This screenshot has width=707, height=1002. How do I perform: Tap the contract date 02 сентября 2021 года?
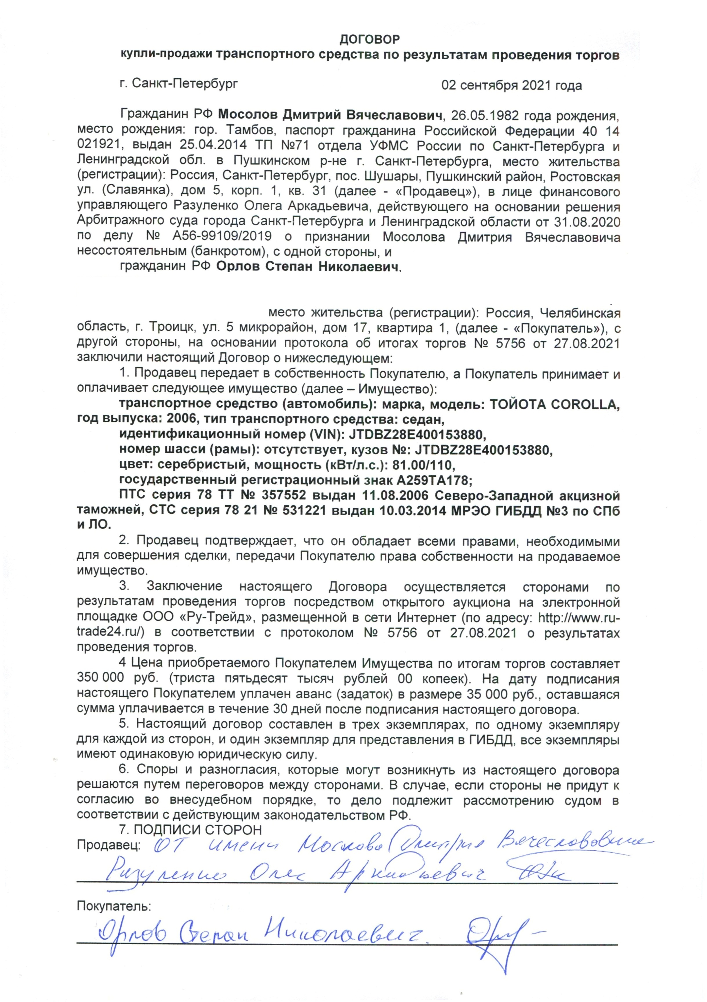pyautogui.click(x=512, y=85)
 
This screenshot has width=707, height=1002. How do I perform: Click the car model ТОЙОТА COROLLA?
pyautogui.click(x=554, y=404)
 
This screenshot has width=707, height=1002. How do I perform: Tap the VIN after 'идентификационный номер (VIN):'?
pyautogui.click(x=417, y=434)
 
